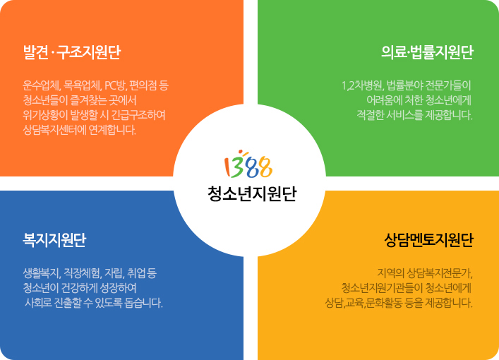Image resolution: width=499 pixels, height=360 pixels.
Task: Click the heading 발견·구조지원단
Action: pyautogui.click(x=72, y=52)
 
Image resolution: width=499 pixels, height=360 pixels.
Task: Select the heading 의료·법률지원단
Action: pyautogui.click(x=428, y=52)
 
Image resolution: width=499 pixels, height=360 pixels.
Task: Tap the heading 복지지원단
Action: pyautogui.click(x=54, y=240)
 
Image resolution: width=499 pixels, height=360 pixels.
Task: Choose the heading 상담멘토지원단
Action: pyautogui.click(x=429, y=240)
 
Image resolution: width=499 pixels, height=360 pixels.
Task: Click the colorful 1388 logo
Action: pyautogui.click(x=248, y=164)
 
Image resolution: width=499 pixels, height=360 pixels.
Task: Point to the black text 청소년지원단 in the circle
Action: pyautogui.click(x=252, y=193)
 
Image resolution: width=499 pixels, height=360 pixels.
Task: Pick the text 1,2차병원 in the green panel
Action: pyautogui.click(x=363, y=86)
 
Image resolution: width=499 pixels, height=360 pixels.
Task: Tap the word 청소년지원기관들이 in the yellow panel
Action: pyautogui.click(x=382, y=288)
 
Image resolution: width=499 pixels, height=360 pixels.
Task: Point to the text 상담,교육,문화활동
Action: pyautogui.click(x=363, y=303)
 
